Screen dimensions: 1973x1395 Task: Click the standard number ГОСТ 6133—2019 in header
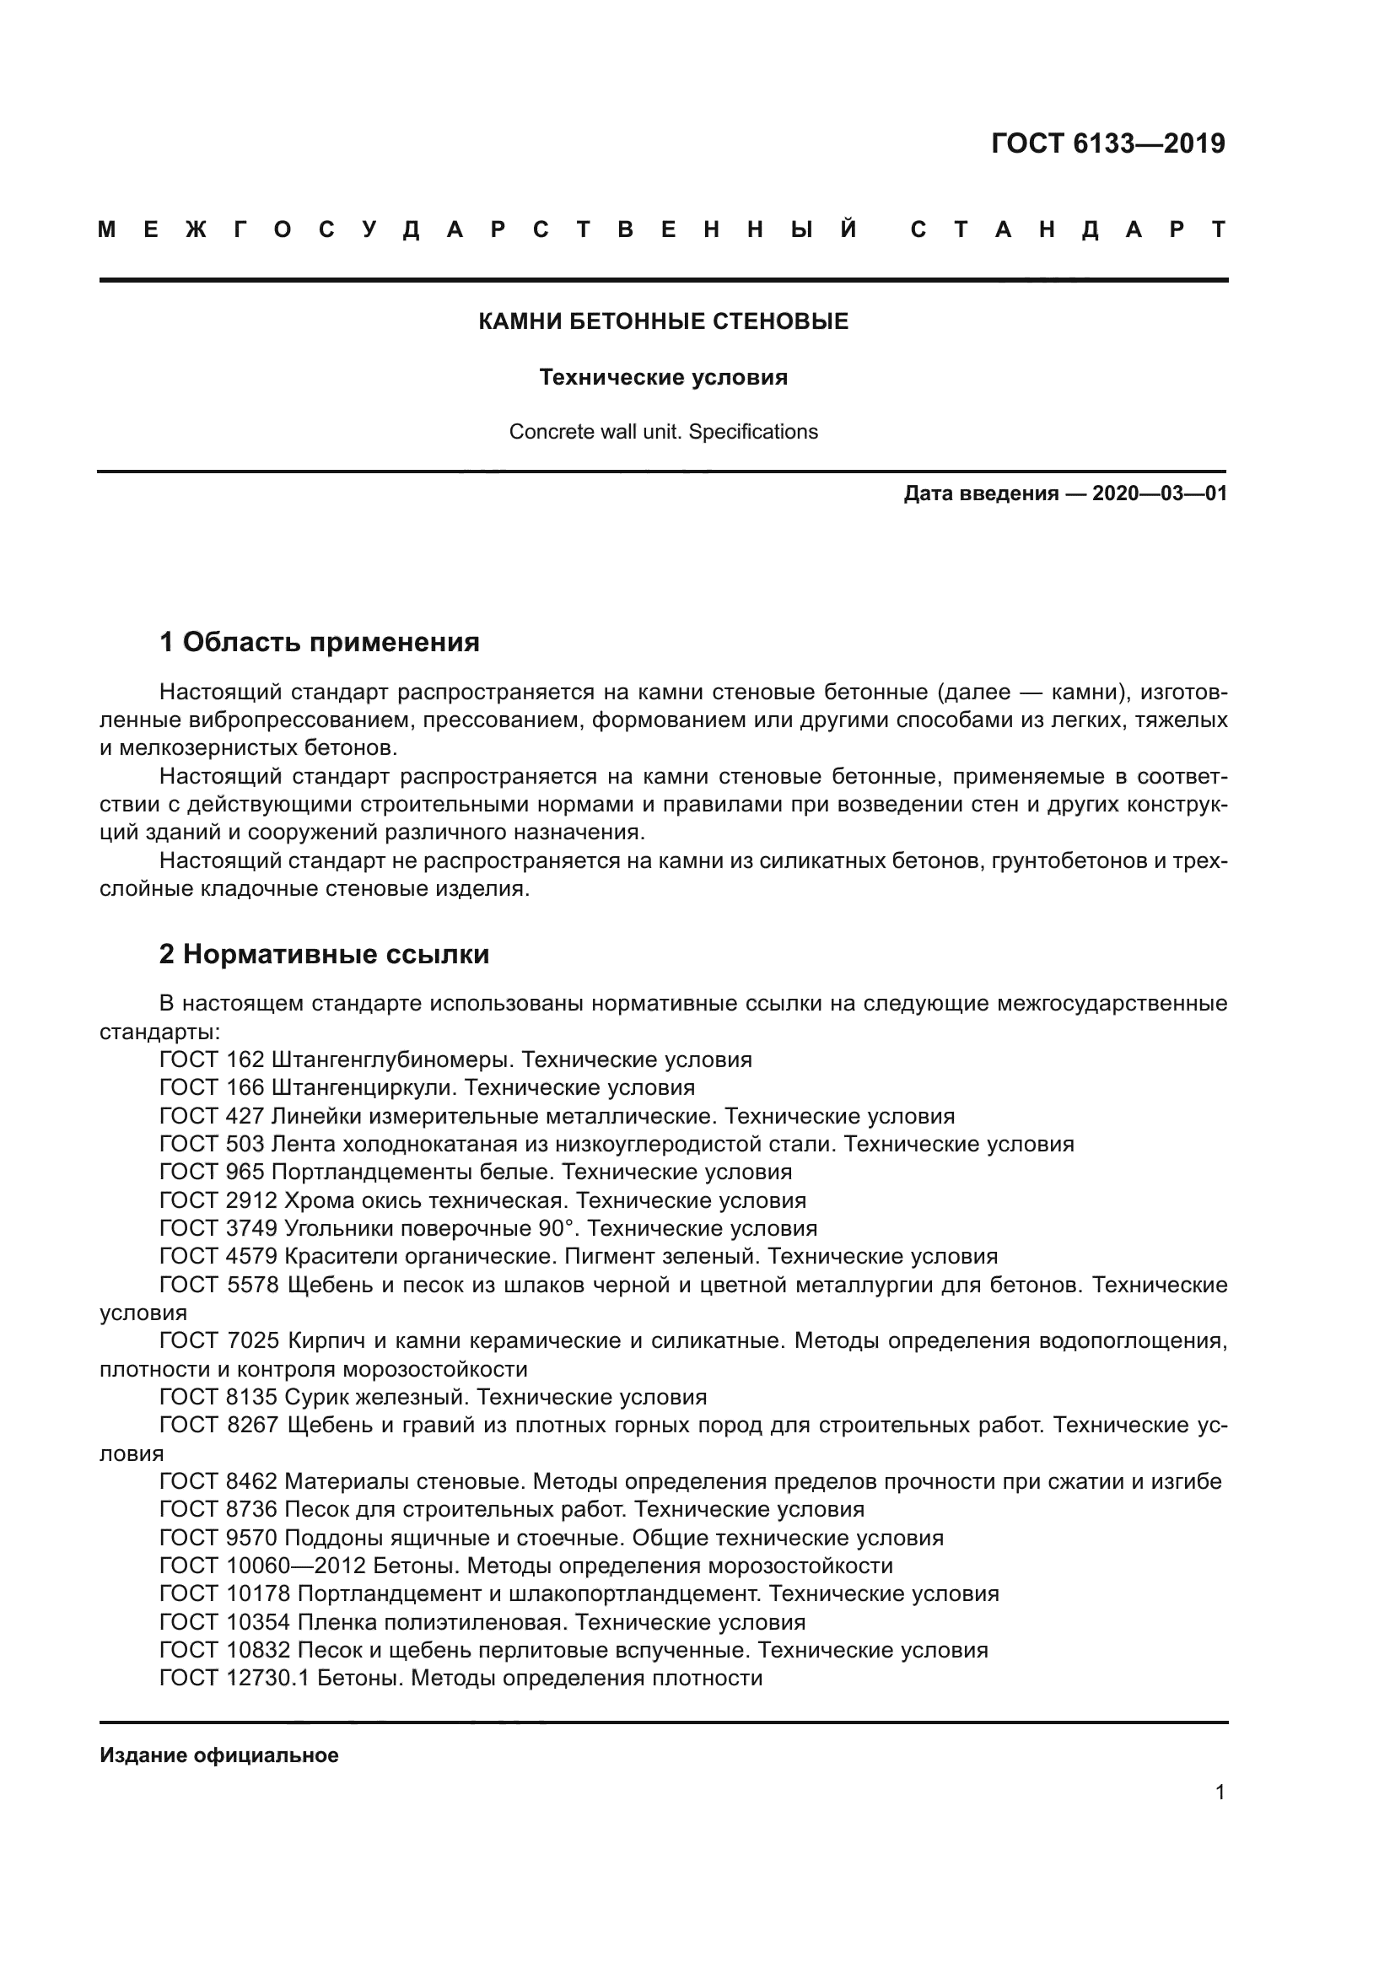pos(1107,143)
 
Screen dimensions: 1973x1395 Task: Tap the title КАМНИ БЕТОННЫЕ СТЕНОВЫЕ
pos(663,321)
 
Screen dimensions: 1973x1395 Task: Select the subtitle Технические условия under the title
pos(663,377)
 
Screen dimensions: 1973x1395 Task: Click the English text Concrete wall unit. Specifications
pos(663,431)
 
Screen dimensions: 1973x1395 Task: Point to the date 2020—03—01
pos(1159,494)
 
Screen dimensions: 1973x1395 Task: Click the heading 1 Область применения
pos(320,642)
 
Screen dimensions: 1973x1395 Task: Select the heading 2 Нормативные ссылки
pos(324,955)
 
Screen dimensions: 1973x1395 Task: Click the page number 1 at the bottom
pos(1220,1792)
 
